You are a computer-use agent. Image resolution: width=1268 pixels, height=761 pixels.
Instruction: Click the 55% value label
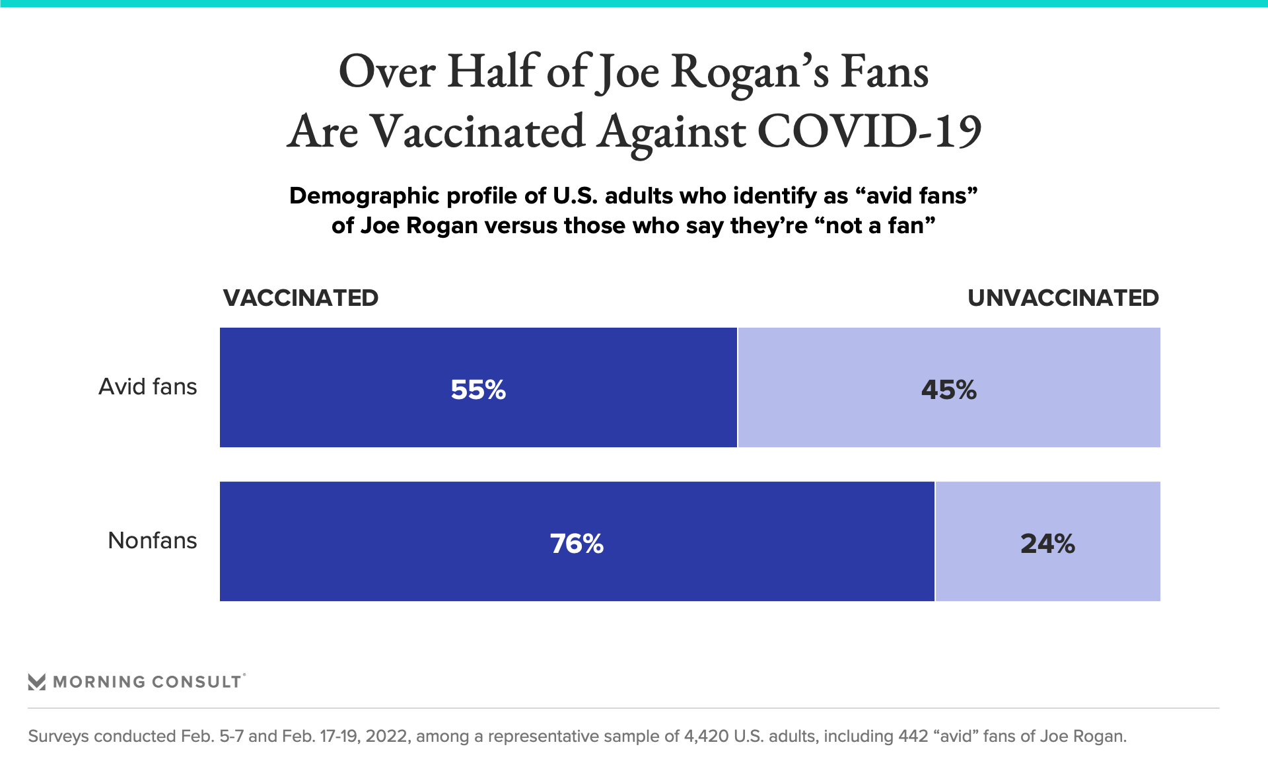point(478,390)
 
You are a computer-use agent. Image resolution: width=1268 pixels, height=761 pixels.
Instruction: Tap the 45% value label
point(948,390)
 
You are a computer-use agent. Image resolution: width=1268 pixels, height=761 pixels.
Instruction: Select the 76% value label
point(577,544)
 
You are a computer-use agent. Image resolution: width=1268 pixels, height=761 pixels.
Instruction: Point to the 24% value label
point(1047,544)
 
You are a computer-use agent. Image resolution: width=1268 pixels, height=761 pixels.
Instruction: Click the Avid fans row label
point(147,386)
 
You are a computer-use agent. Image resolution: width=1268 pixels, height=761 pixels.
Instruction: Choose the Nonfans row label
point(152,540)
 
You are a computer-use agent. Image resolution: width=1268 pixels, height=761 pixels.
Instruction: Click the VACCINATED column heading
point(300,298)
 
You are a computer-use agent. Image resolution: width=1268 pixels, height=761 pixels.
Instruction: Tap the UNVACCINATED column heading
point(1063,298)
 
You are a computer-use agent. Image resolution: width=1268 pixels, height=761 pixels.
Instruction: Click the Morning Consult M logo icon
point(37,682)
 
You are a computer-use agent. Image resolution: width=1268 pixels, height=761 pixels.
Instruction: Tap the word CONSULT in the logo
point(196,682)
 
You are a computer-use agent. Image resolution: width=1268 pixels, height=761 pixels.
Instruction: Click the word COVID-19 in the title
point(869,131)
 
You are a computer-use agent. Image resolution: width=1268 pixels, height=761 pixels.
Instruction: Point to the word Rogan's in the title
point(750,73)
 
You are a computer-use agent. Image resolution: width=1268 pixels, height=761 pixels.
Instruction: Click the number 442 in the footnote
point(913,736)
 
